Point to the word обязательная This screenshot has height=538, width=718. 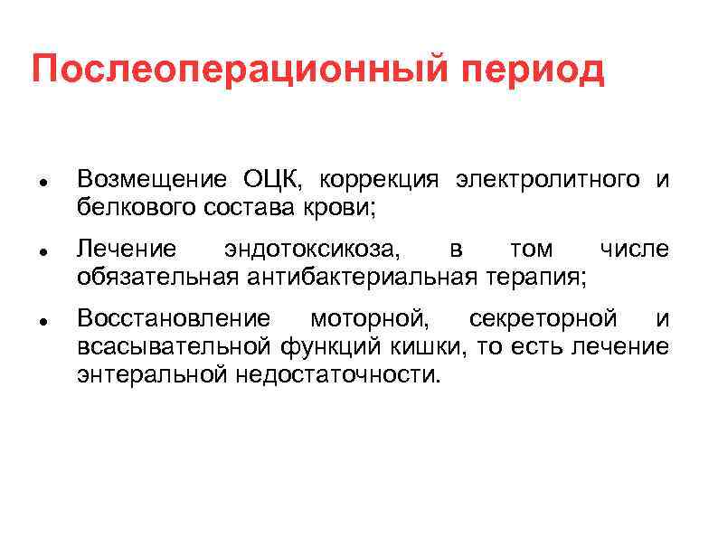[157, 276]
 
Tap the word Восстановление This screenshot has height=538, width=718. [174, 319]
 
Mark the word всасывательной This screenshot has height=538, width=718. [175, 346]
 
